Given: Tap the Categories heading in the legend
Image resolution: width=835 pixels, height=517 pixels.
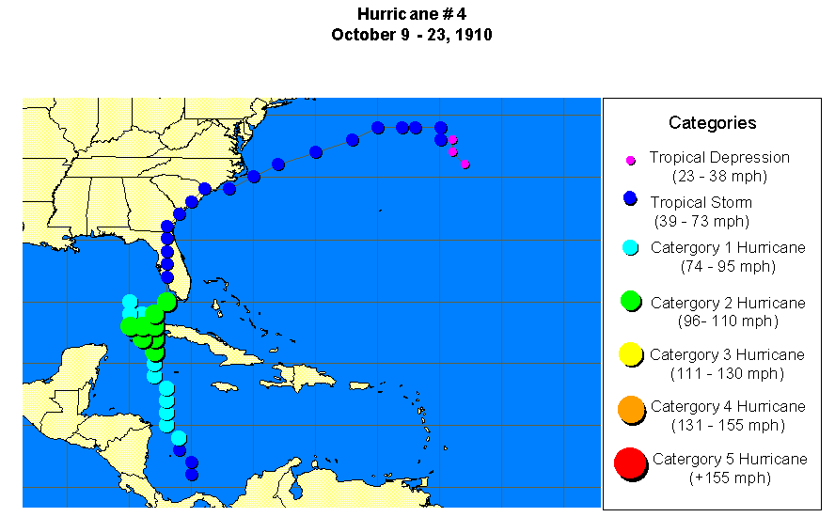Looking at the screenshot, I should [712, 122].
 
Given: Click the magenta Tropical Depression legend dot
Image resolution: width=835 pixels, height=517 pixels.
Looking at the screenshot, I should [631, 160].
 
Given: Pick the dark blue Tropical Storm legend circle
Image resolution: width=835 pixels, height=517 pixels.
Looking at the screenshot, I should [631, 198].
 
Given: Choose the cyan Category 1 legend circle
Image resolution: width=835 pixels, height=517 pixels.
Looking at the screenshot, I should [631, 248].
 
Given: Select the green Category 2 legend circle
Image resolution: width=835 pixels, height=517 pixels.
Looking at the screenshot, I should [631, 301].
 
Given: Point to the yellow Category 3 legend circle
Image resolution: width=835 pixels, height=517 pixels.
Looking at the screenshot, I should [631, 354].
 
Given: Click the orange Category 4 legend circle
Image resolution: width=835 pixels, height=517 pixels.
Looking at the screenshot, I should [631, 408].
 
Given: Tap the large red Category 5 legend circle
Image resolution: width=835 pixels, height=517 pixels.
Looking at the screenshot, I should [630, 463].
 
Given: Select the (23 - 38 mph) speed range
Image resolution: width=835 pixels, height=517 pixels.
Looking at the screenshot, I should [719, 176].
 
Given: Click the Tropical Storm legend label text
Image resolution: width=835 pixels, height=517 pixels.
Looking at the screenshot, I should [701, 202].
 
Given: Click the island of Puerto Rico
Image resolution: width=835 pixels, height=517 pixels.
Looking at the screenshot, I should [361, 385].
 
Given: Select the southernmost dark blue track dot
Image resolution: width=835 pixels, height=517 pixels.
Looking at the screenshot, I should [192, 475].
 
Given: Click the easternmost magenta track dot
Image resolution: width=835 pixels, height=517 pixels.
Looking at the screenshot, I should [465, 164].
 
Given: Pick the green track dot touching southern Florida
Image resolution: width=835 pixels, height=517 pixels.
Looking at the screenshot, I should [167, 301].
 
